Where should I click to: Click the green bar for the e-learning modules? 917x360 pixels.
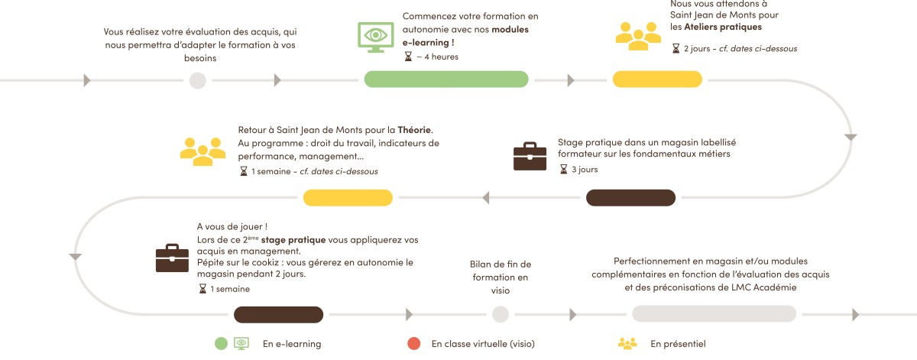446,79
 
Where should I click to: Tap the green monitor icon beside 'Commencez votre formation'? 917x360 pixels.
374,37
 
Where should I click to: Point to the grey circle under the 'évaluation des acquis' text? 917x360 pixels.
197,80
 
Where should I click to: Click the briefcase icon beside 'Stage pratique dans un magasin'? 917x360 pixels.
530,156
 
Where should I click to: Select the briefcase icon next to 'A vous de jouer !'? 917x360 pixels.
172,258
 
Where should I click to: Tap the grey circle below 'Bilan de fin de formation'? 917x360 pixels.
500,314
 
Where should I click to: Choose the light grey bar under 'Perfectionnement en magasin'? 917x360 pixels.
714,314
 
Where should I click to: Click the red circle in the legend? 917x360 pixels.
413,344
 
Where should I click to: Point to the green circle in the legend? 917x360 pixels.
222,344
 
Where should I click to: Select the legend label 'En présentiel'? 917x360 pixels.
678,344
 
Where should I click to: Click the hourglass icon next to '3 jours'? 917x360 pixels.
563,170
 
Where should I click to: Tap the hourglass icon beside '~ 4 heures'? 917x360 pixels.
408,57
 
